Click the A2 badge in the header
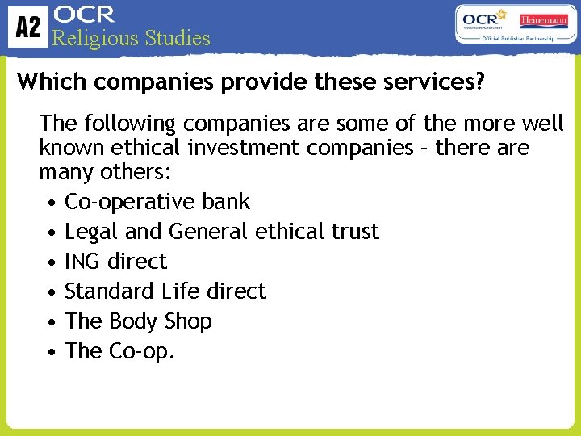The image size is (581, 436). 27,27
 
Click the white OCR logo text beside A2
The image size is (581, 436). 83,15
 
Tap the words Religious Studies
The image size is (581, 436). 131,38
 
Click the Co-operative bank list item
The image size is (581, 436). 157,202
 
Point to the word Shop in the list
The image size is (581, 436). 188,321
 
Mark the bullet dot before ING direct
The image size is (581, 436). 51,262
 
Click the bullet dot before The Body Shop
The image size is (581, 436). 51,322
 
